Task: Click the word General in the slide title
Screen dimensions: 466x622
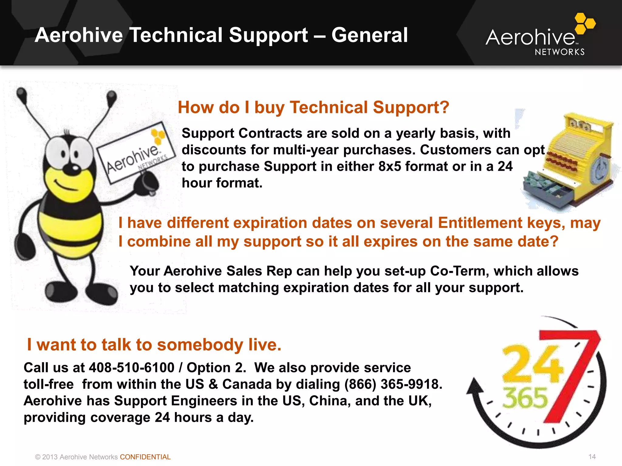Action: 369,35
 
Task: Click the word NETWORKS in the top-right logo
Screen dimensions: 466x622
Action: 559,52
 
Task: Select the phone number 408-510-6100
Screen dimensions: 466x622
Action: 132,368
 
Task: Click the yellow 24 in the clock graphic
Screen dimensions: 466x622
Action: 531,364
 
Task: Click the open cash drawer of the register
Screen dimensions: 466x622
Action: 547,191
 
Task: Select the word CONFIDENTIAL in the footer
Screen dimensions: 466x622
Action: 145,457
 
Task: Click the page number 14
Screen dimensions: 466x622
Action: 592,457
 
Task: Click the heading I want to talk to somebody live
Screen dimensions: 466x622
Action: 154,345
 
